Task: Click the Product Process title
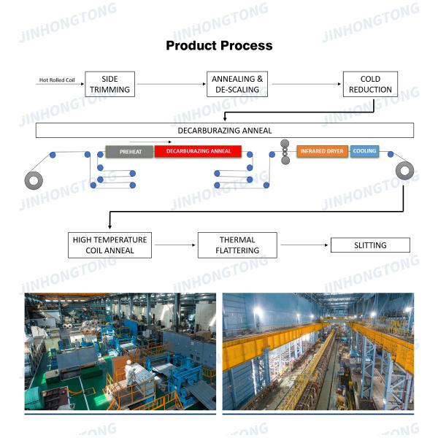coord(219,45)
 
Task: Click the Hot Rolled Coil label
coord(57,80)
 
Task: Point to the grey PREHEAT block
coord(129,151)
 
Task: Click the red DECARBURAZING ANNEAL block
coord(198,151)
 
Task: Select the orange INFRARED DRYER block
coord(322,151)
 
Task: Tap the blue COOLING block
coord(364,151)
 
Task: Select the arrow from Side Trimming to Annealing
coord(172,84)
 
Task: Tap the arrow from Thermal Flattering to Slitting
coord(304,245)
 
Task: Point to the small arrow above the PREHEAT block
coord(150,142)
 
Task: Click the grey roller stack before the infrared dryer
coord(285,152)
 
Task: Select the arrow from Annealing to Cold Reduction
coord(307,84)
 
